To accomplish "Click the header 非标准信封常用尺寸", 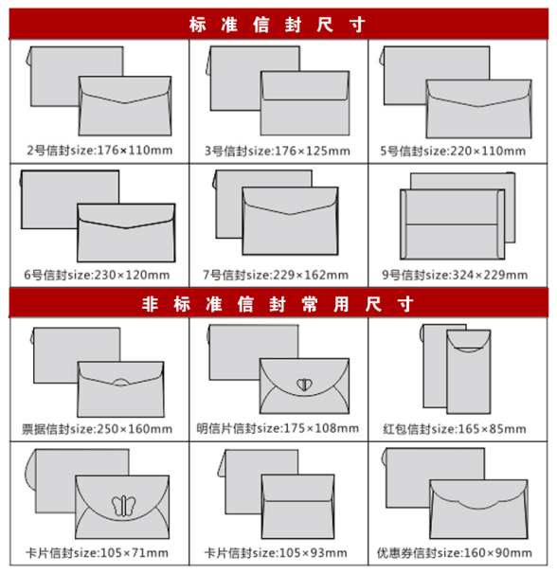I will point(278,304).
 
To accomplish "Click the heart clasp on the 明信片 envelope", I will point(304,385).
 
